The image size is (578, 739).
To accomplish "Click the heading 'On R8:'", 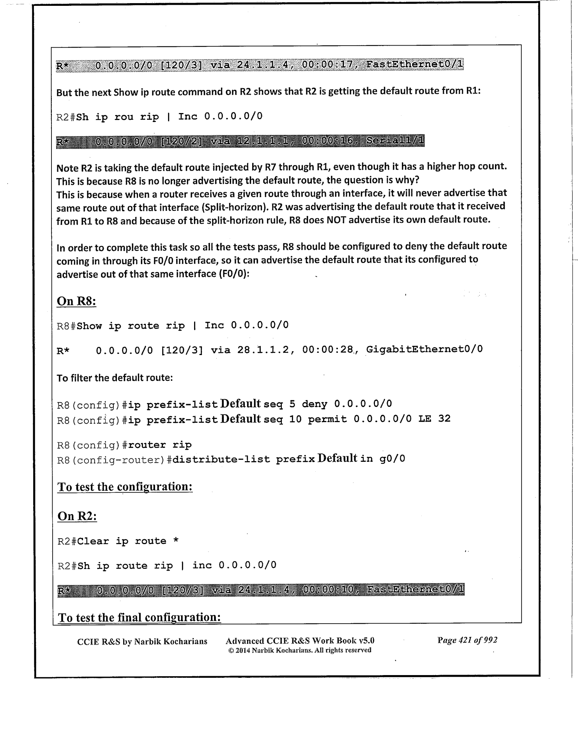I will pos(76,301).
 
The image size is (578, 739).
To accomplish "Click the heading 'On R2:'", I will pos(77,516).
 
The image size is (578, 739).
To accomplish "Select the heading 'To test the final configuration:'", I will pos(139,617).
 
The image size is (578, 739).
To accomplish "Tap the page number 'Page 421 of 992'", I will pos(467,640).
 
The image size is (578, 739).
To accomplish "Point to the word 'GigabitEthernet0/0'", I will pos(424,349).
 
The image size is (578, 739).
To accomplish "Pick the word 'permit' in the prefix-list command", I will pos(327,419).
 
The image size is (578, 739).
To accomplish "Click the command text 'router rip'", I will pos(160,445).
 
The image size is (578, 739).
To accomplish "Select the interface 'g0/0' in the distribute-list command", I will pos(392,459).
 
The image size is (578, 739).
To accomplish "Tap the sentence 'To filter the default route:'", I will pos(115,378).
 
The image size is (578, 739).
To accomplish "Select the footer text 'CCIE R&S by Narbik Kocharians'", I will pos(142,641).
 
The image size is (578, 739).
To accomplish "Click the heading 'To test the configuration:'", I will pos(125,487).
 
